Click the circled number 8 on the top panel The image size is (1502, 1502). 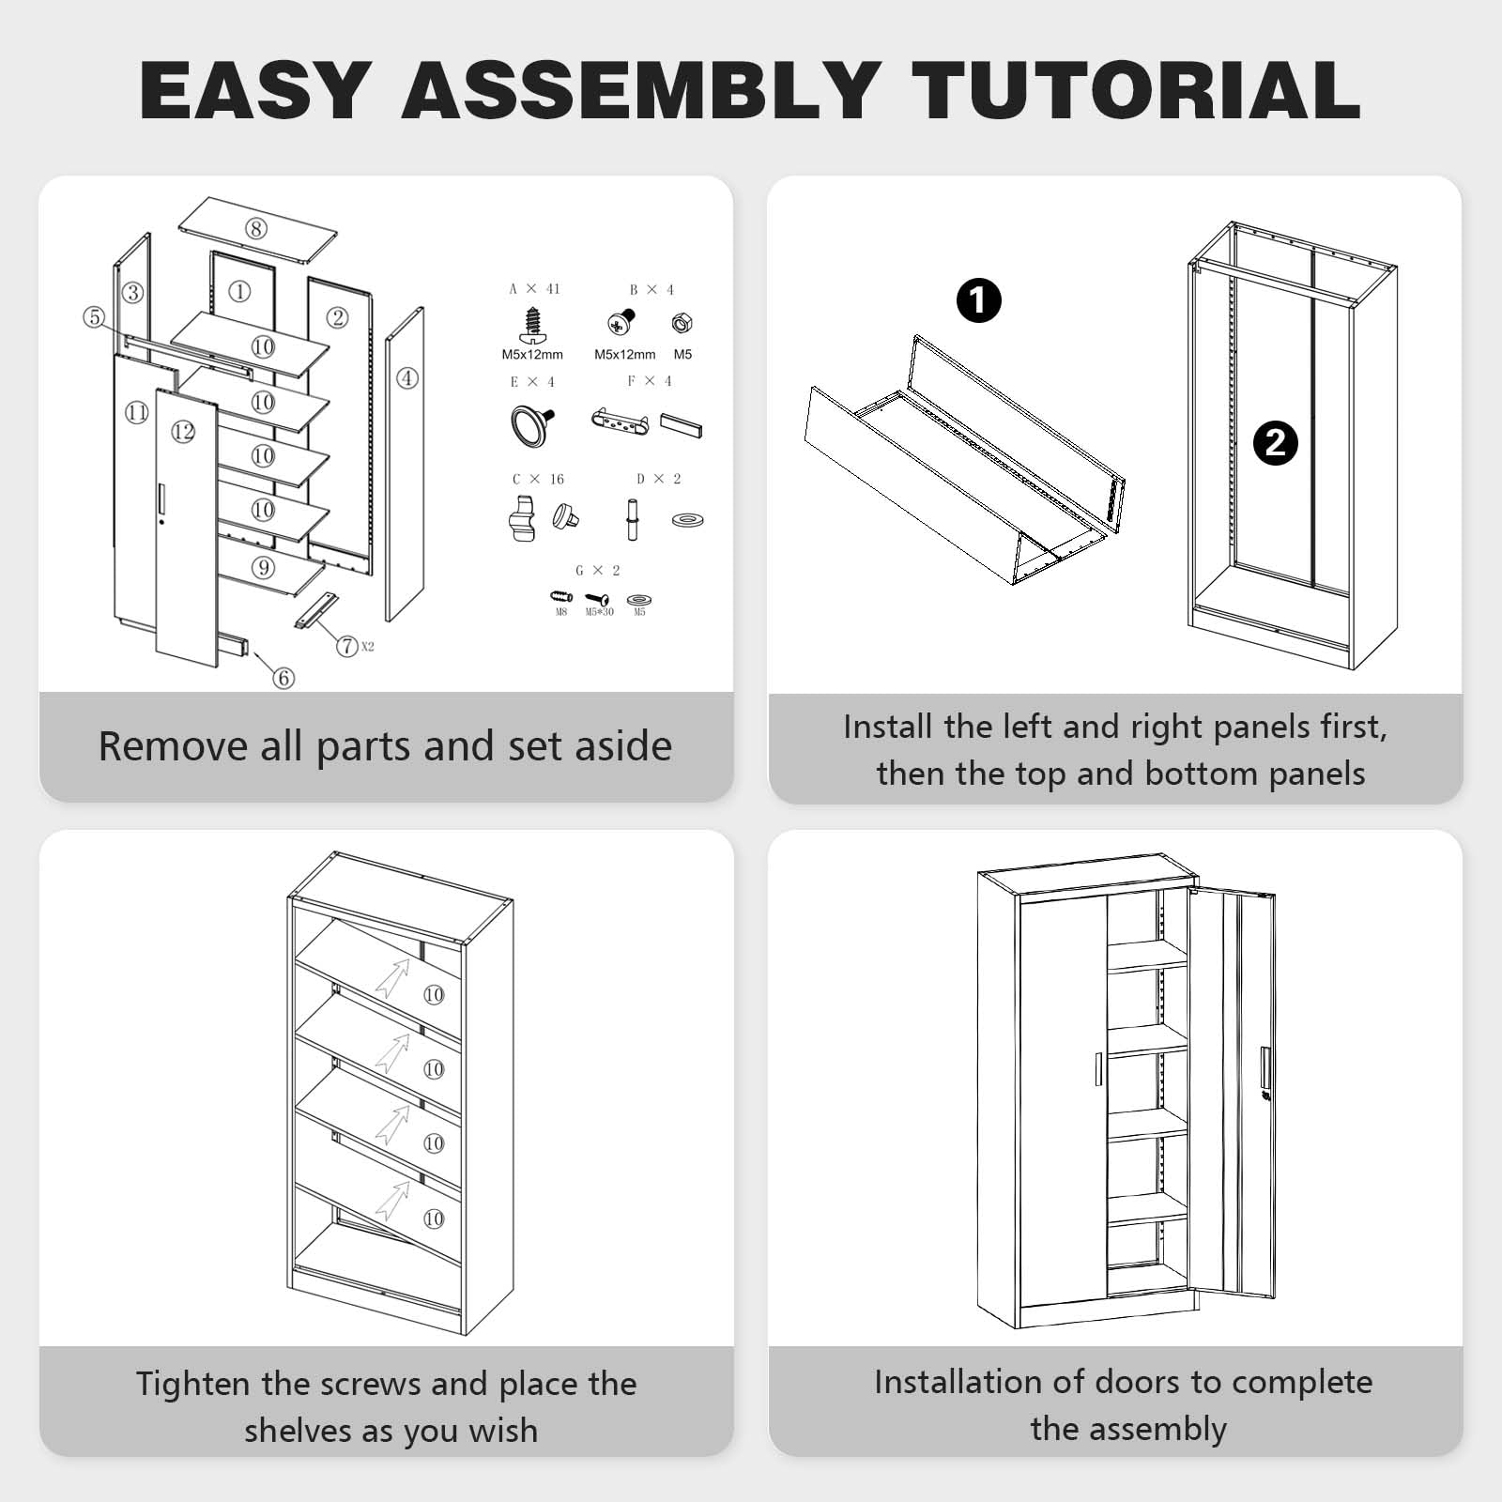pos(255,228)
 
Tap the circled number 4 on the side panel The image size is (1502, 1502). pos(406,378)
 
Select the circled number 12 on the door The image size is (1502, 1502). pos(183,431)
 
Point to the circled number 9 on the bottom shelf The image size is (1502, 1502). pos(264,567)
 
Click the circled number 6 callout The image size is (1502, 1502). pos(284,678)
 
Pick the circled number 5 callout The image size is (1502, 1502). pos(93,317)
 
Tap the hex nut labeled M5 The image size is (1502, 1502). pos(682,324)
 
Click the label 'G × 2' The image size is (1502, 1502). pos(598,570)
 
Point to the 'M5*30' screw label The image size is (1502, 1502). pos(600,612)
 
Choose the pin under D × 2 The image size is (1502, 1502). pos(633,518)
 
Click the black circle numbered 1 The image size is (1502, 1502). pos(978,300)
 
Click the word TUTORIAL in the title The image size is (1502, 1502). pos(1136,90)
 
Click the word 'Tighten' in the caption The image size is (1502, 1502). pos(192,1385)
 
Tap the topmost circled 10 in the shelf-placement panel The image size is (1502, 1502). pos(433,994)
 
